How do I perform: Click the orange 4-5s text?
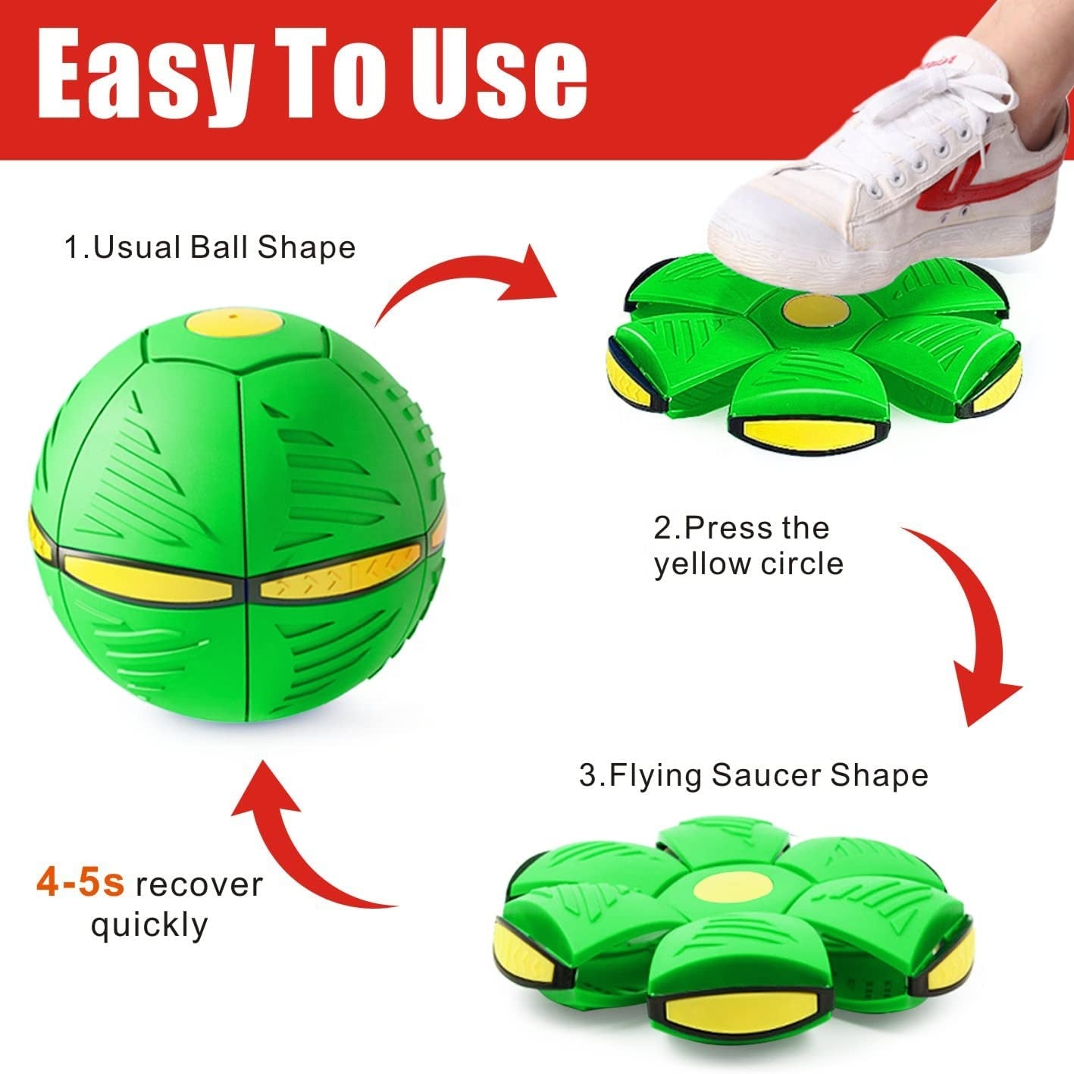click(x=80, y=884)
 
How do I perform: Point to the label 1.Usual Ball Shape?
click(x=210, y=248)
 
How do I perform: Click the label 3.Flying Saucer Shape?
click(x=753, y=775)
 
